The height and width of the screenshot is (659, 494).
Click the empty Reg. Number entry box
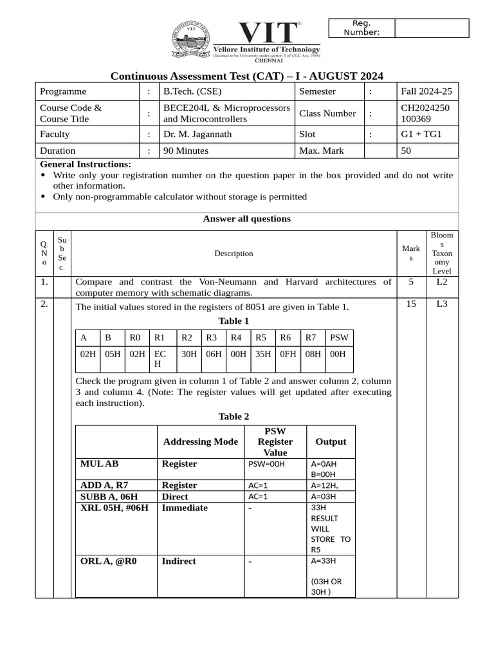pyautogui.click(x=431, y=28)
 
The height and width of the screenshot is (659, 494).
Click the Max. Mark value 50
pyautogui.click(x=407, y=151)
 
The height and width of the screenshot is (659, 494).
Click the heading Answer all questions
pyautogui.click(x=246, y=219)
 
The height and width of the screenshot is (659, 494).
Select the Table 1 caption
pyautogui.click(x=233, y=321)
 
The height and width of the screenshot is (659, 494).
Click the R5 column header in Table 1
pyautogui.click(x=261, y=338)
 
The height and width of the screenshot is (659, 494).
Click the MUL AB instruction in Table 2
pyautogui.click(x=99, y=463)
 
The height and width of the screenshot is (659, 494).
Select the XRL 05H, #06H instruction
pyautogui.click(x=114, y=508)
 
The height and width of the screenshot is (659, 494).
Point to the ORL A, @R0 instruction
pyautogui.click(x=108, y=561)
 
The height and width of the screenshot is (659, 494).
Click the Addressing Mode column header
pyautogui.click(x=200, y=441)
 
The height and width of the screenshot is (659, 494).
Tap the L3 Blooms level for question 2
pyautogui.click(x=441, y=304)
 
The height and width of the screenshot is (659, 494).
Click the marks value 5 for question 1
pyautogui.click(x=411, y=282)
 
